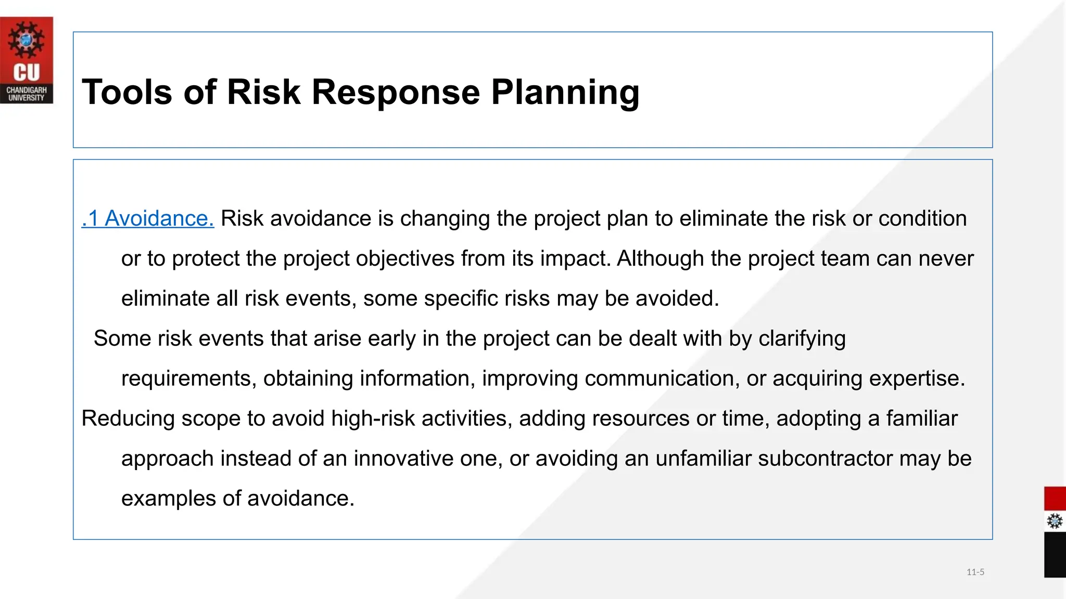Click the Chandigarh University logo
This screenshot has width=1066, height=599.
pos(27,60)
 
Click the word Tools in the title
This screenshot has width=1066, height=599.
pos(126,92)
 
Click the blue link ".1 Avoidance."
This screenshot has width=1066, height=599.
pos(148,218)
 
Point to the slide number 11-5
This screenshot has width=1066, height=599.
pos(975,572)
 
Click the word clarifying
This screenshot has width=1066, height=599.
pos(802,339)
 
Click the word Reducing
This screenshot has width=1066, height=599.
pos(128,419)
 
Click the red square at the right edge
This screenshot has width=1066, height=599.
pos(1055,499)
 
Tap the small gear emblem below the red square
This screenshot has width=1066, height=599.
pos(1055,521)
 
